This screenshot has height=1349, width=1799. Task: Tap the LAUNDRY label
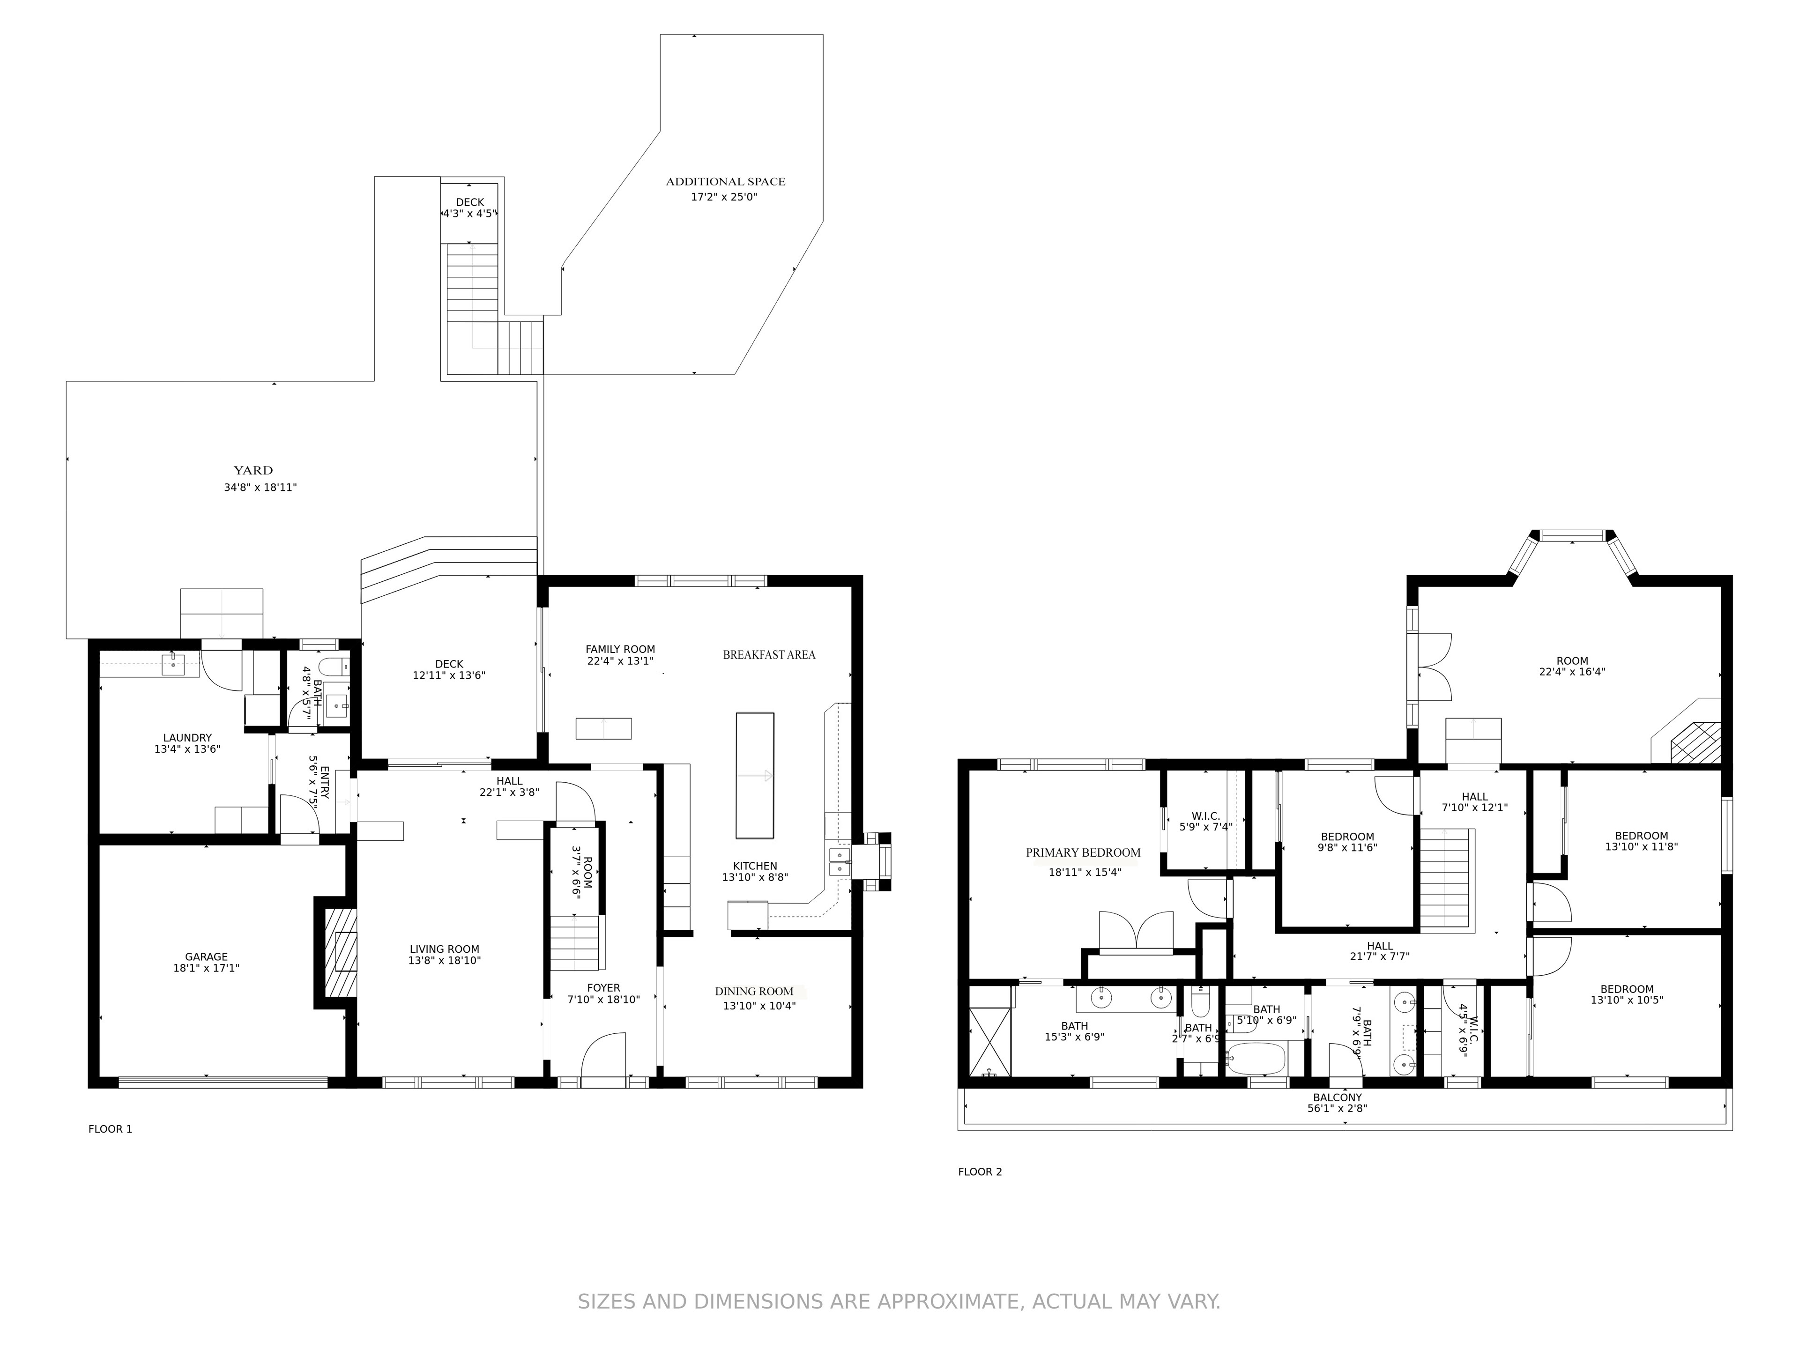click(187, 738)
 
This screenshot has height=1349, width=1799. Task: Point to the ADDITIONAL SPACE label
click(725, 181)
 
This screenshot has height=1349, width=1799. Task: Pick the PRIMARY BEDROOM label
click(1083, 852)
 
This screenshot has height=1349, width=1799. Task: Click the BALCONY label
click(1337, 1097)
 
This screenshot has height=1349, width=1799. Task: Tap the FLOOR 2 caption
click(980, 1172)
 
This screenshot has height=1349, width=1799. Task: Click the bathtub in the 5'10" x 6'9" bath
click(1256, 1059)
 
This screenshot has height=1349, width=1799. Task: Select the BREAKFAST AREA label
click(769, 654)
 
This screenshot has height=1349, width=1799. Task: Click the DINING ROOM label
click(754, 991)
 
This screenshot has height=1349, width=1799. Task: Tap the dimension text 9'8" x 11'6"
click(1348, 847)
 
